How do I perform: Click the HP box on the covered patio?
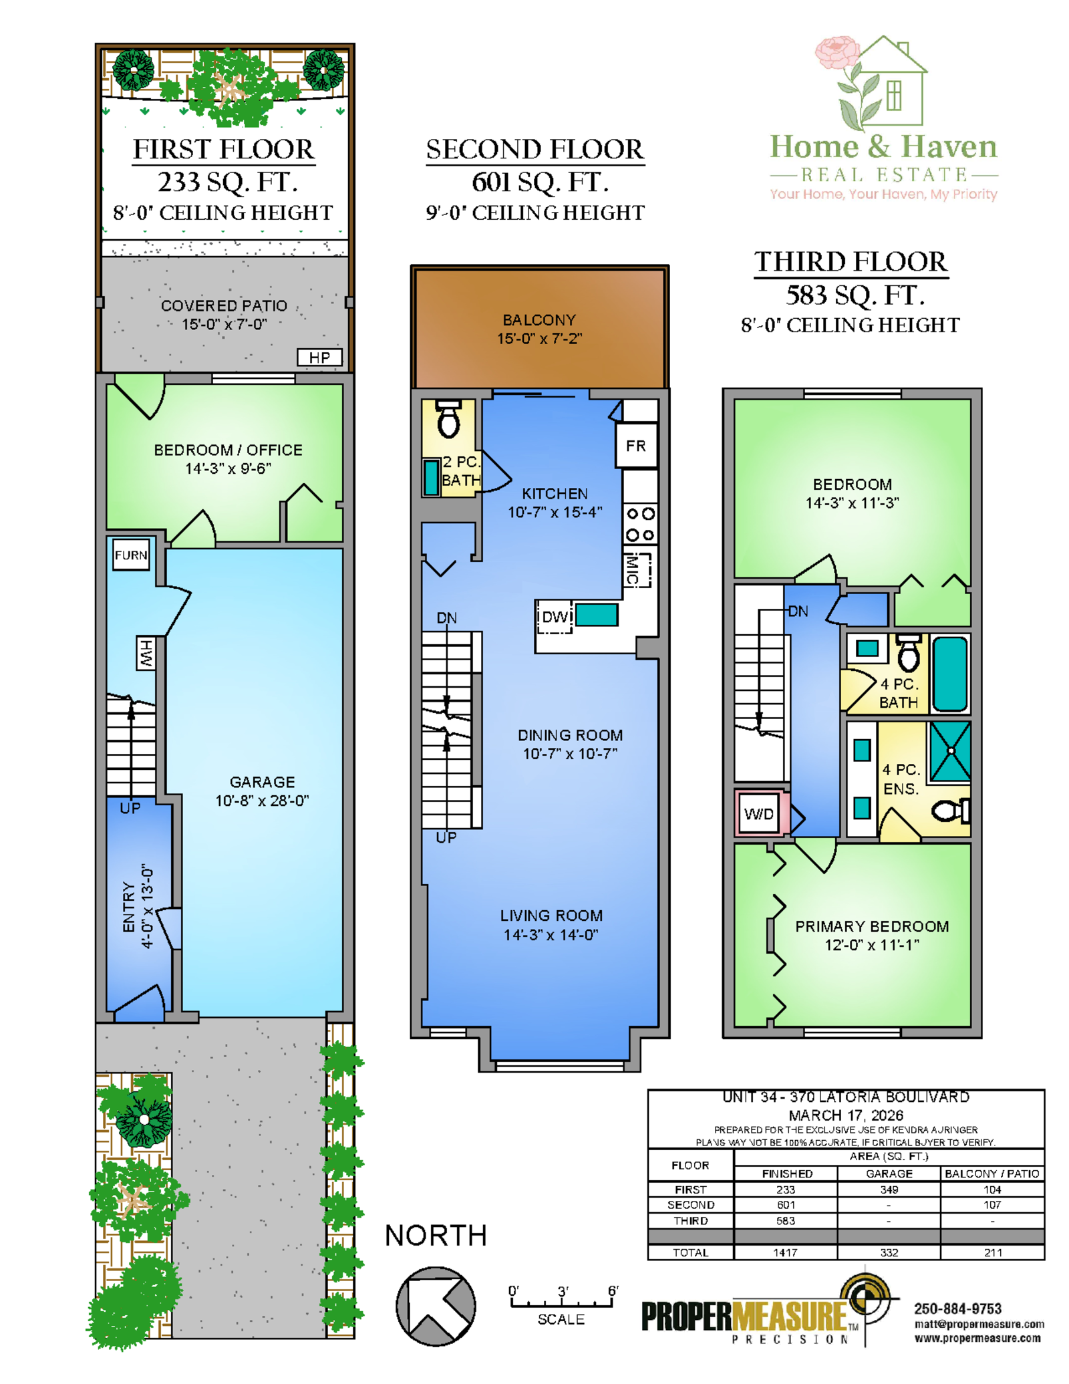[319, 358]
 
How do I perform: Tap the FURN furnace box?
[131, 555]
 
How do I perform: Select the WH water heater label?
[146, 654]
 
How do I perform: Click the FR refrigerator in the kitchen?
[636, 446]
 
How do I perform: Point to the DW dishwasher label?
[555, 617]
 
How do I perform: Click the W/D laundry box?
[759, 813]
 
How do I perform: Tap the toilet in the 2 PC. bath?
[448, 418]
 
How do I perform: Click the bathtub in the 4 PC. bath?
[949, 674]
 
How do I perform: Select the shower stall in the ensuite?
[949, 751]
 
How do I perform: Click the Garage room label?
[262, 791]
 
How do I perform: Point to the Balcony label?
[539, 329]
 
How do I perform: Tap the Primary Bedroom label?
[872, 936]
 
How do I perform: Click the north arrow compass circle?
[436, 1306]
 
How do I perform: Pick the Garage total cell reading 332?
[889, 1253]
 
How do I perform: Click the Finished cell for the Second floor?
[786, 1205]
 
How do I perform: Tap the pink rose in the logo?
[837, 53]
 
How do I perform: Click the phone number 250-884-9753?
[957, 1308]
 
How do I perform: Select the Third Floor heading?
[851, 262]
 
